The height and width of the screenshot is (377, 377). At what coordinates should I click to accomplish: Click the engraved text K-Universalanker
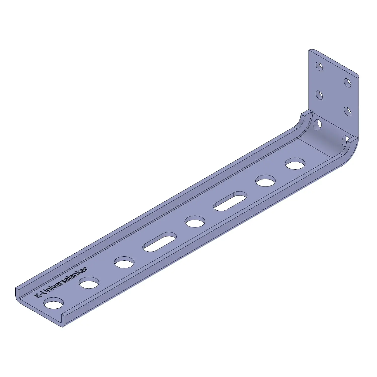click(61, 282)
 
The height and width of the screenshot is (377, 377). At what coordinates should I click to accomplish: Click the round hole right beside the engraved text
click(54, 303)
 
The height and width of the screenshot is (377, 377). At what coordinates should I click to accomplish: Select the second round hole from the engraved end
click(89, 283)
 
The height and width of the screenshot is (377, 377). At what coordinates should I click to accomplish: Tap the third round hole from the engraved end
click(124, 262)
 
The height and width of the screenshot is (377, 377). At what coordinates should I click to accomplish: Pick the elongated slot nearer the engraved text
click(160, 242)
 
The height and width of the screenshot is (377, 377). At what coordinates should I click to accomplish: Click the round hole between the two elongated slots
click(195, 221)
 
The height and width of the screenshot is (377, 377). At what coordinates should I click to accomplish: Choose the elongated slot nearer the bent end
click(230, 201)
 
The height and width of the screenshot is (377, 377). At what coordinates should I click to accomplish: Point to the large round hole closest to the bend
click(295, 164)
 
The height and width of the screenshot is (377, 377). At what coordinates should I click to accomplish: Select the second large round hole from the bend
click(265, 181)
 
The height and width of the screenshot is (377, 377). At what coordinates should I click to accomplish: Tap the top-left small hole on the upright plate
click(319, 66)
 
